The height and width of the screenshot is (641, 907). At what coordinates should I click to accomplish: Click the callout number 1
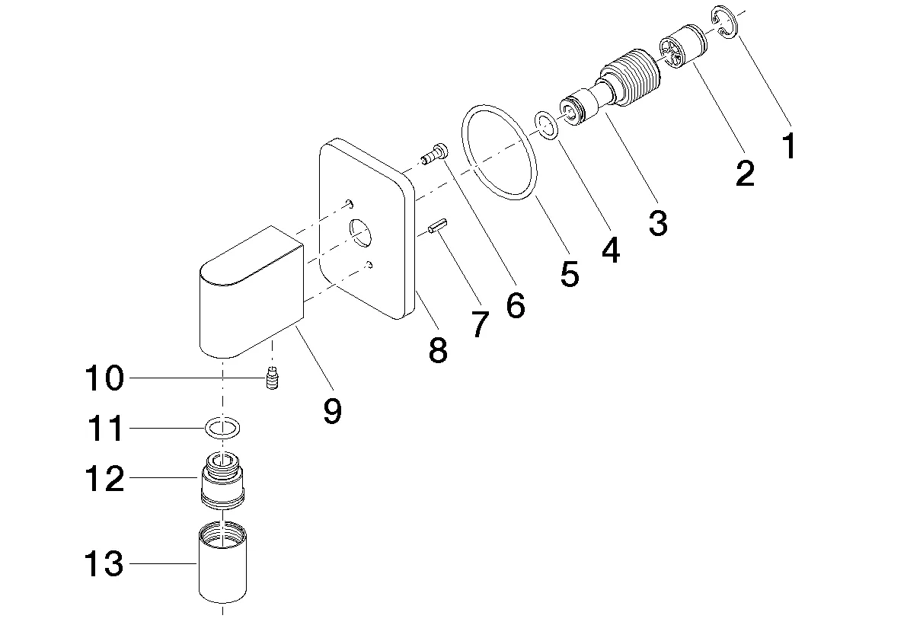tap(789, 145)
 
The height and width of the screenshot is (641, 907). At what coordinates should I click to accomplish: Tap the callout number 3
tap(657, 223)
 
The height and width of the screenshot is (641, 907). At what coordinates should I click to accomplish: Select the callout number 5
tap(569, 273)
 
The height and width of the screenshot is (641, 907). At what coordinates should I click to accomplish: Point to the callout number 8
tap(437, 350)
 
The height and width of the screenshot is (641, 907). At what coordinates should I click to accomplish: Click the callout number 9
tap(332, 411)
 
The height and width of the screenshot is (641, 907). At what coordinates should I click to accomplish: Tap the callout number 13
tap(104, 564)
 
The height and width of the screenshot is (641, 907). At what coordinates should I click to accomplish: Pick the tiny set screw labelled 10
tap(270, 378)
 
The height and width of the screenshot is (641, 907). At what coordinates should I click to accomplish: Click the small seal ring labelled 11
tap(222, 429)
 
